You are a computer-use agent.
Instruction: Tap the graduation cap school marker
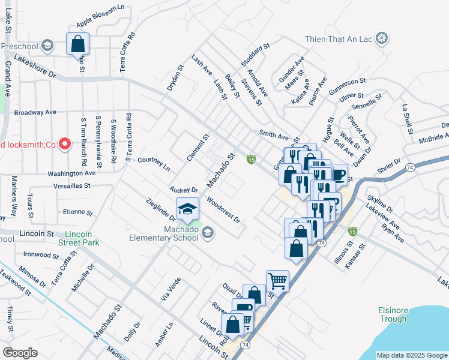[x=187, y=210]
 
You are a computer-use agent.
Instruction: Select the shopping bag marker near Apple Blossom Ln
[x=78, y=44]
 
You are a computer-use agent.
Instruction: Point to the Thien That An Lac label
[x=339, y=40]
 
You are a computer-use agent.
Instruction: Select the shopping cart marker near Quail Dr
[x=277, y=280]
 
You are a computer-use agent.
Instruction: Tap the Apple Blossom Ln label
[x=100, y=25]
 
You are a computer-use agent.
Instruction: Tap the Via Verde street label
[x=170, y=283]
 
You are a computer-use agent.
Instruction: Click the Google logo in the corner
[x=20, y=353]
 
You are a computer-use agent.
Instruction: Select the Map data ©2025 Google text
[x=412, y=355]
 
